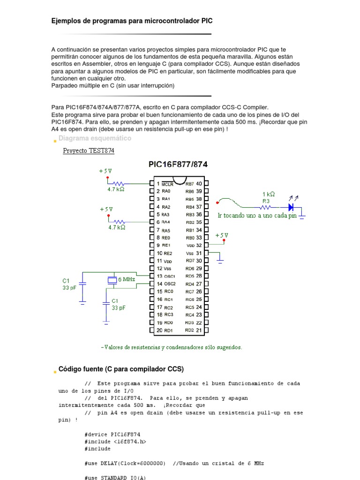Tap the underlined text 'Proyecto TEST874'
pyautogui.click(x=89, y=151)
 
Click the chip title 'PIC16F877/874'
pyautogui.click(x=178, y=165)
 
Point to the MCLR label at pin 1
pyautogui.click(x=167, y=184)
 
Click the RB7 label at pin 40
pyautogui.click(x=190, y=184)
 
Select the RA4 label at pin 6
pyautogui.click(x=166, y=222)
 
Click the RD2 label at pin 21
pyautogui.click(x=189, y=330)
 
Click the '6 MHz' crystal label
pyautogui.click(x=127, y=279)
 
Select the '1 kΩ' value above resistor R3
pyautogui.click(x=268, y=194)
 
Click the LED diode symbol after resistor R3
pyautogui.click(x=291, y=206)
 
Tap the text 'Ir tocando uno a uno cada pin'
pyautogui.click(x=257, y=216)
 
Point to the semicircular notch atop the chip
pyautogui.click(x=178, y=180)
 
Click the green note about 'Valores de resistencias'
pyautogui.click(x=172, y=347)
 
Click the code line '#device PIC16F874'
pyautogui.click(x=112, y=434)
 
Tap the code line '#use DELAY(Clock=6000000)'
pyautogui.click(x=125, y=463)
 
